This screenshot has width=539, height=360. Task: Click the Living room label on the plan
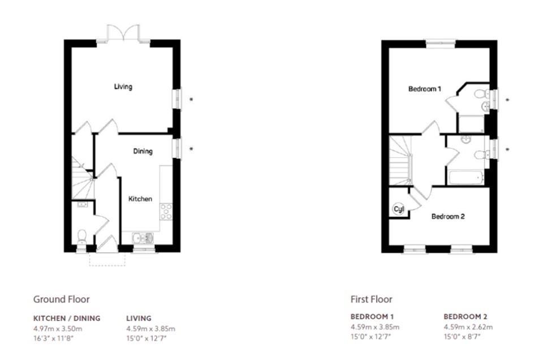pyautogui.click(x=123, y=87)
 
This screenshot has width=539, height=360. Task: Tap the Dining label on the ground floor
pyautogui.click(x=143, y=151)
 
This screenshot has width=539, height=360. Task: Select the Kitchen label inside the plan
pyautogui.click(x=140, y=199)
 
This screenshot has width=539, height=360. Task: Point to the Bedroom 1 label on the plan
pyautogui.click(x=425, y=89)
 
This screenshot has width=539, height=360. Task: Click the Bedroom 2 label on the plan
pyautogui.click(x=448, y=216)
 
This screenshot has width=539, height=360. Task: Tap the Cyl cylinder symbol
pyautogui.click(x=398, y=209)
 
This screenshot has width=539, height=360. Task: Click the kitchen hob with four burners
pyautogui.click(x=166, y=212)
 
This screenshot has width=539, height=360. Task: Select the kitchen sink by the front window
pyautogui.click(x=143, y=238)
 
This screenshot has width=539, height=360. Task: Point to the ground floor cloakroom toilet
pyautogui.click(x=82, y=237)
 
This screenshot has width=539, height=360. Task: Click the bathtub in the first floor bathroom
pyautogui.click(x=466, y=178)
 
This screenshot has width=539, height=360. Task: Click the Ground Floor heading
pyautogui.click(x=62, y=299)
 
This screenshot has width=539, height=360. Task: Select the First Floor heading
pyautogui.click(x=371, y=299)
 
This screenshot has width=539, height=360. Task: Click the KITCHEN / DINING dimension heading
pyautogui.click(x=67, y=318)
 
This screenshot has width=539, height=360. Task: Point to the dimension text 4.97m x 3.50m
pyautogui.click(x=58, y=328)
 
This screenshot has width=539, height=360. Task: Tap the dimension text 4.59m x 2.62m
pyautogui.click(x=468, y=327)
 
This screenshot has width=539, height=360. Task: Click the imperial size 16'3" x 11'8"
pyautogui.click(x=54, y=338)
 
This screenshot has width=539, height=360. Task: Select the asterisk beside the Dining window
pyautogui.click(x=191, y=149)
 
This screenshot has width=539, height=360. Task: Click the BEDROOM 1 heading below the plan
pyautogui.click(x=372, y=316)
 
